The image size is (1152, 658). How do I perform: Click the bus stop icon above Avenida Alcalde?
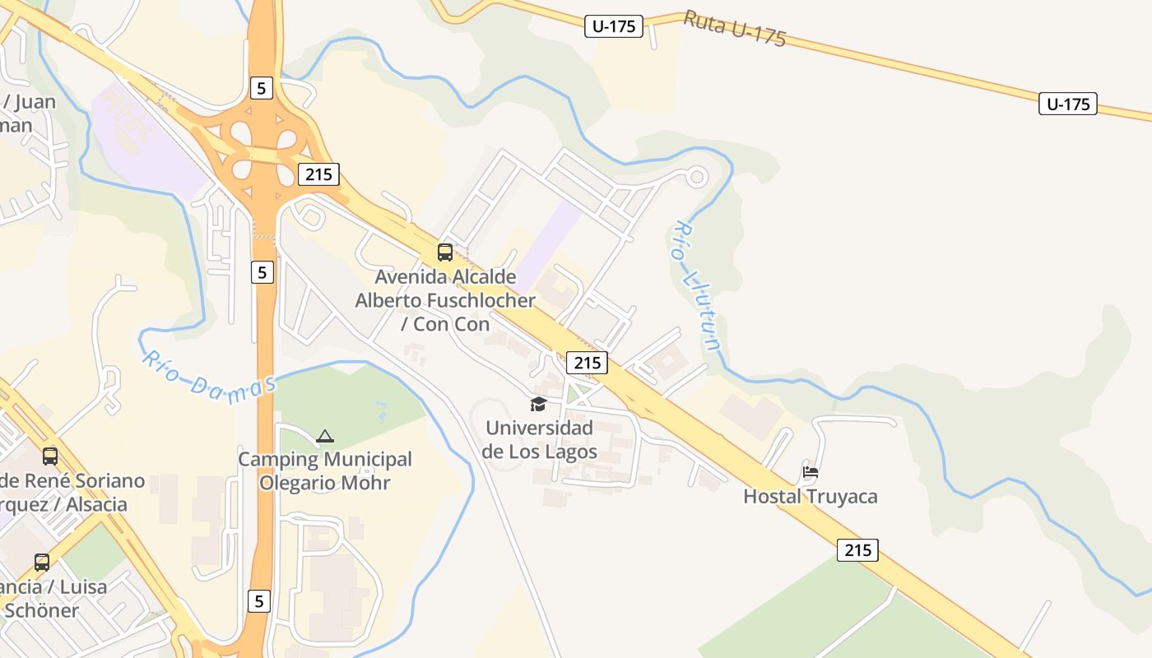[x=445, y=253]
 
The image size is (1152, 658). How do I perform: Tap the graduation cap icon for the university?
[x=538, y=404]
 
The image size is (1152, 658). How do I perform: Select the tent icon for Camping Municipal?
[x=325, y=436]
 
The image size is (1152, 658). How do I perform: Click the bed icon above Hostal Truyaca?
[x=811, y=472]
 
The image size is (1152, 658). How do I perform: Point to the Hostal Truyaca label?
[x=810, y=496]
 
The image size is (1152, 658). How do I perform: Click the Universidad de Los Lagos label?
[x=538, y=440]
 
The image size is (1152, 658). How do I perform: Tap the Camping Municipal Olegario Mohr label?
[x=325, y=470]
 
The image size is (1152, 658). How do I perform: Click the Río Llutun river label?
[x=697, y=285]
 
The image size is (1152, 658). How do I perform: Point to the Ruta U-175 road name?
[x=735, y=30]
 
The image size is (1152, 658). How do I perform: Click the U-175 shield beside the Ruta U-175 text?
[x=614, y=26]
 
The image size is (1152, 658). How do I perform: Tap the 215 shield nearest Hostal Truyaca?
[x=857, y=549]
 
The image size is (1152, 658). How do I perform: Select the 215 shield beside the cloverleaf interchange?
[x=318, y=174]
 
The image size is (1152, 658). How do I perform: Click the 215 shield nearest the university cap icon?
[x=587, y=362]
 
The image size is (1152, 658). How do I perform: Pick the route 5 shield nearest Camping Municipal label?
[x=262, y=271]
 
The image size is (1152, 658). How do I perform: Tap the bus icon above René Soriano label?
[x=50, y=456]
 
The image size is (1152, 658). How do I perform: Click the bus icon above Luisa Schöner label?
[x=42, y=563]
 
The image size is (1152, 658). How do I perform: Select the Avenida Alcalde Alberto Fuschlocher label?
[x=445, y=300]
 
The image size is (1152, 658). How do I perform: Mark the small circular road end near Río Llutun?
[x=697, y=175]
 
